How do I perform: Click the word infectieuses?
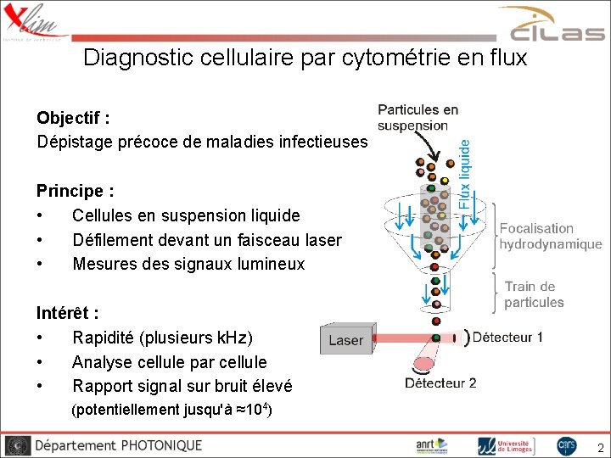pos(323,142)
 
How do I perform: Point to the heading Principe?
pos(75,191)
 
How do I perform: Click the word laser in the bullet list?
pos(322,240)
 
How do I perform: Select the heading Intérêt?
pos(67,312)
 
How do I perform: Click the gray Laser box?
pos(345,340)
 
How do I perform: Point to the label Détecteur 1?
pos(507,337)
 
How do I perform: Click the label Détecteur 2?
pos(440,383)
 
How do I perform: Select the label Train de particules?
pos(533,294)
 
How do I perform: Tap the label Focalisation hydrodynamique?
pos(550,237)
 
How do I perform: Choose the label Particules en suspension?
pos(418,117)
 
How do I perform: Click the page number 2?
pos(600,447)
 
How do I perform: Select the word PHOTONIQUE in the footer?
pos(161,445)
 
